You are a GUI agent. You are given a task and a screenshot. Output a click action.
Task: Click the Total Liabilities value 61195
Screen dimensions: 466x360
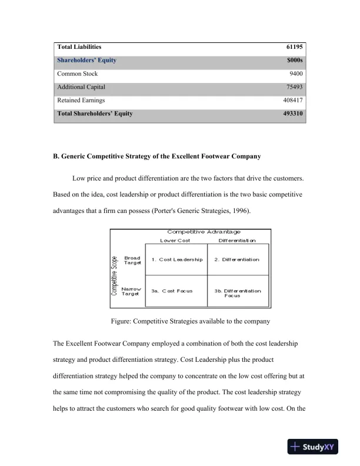pyautogui.click(x=294, y=46)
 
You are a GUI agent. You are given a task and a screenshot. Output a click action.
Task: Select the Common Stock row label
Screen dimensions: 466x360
pyautogui.click(x=77, y=74)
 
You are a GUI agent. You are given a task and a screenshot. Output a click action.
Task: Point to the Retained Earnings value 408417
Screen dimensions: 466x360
pyautogui.click(x=292, y=101)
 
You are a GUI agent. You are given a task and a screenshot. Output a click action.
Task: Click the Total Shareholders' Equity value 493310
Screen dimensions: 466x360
pyautogui.click(x=292, y=114)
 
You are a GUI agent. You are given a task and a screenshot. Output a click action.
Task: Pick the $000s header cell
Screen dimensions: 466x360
pyautogui.click(x=294, y=60)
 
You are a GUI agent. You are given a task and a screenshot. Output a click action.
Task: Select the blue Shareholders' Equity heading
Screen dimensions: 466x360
pyautogui.click(x=86, y=60)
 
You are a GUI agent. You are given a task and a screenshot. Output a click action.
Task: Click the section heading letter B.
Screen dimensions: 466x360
pyautogui.click(x=56, y=156)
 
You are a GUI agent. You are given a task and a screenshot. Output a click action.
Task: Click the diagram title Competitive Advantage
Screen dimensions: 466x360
pyautogui.click(x=204, y=232)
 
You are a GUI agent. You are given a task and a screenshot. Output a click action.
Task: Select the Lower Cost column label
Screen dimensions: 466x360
pyautogui.click(x=175, y=240)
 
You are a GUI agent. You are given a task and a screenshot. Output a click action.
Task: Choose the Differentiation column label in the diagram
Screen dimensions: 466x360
pyautogui.click(x=237, y=240)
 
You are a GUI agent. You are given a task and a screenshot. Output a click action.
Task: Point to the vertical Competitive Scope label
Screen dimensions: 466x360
pyautogui.click(x=115, y=274)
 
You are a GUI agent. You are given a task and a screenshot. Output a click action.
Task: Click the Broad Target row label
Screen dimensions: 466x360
pyautogui.click(x=132, y=260)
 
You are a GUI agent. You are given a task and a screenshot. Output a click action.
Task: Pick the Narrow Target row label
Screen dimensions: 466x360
pyautogui.click(x=131, y=291)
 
